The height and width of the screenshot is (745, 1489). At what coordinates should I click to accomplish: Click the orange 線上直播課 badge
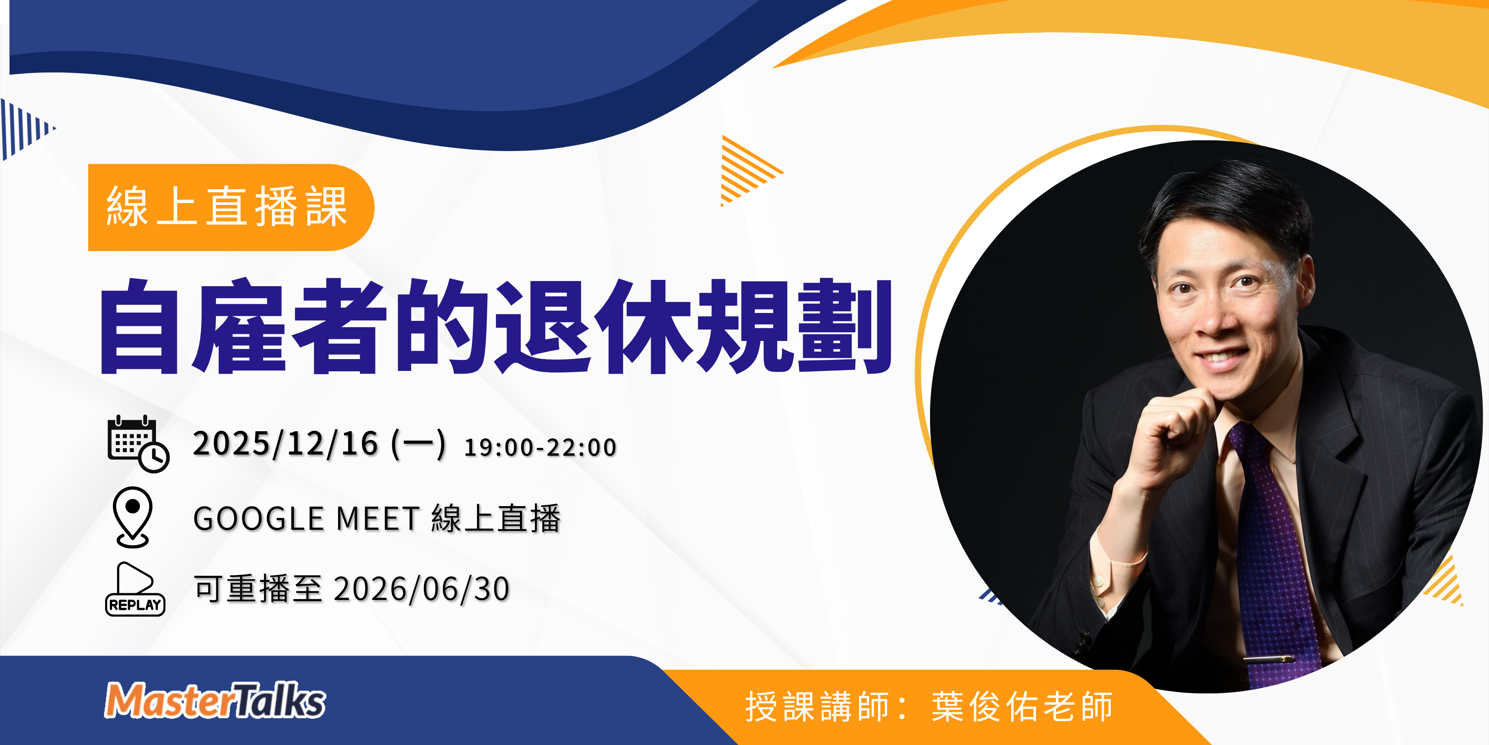pos(231,207)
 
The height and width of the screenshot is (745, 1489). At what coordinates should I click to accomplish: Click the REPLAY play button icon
pos(135,589)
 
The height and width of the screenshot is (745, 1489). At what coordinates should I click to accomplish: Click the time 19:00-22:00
pos(540,447)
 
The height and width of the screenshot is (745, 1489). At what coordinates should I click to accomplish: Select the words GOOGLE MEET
pos(306,518)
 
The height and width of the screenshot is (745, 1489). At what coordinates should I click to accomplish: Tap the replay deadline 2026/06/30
pos(421,589)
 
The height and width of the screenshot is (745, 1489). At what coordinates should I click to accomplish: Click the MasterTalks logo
pos(215,700)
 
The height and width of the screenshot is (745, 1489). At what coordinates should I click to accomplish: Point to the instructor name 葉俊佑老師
pos(1022,706)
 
